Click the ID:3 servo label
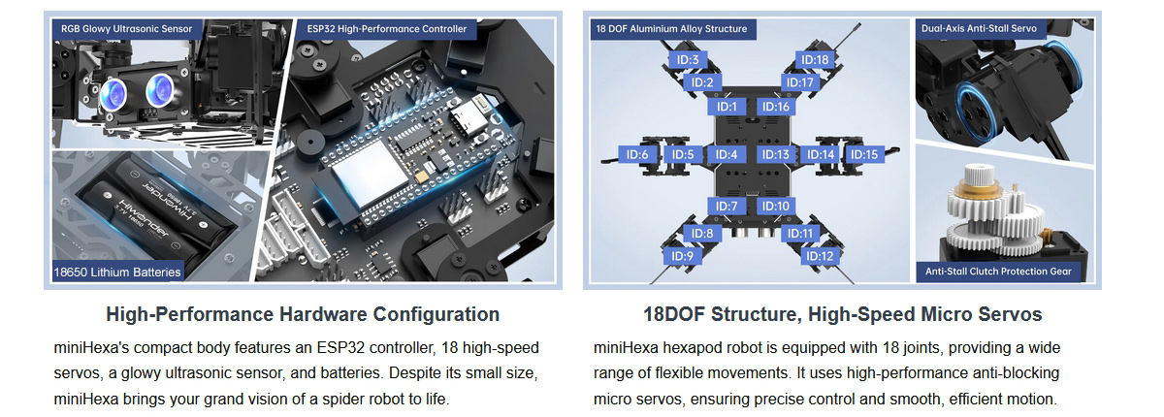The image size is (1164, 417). (x=688, y=60)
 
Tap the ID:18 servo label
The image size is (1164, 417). (x=814, y=60)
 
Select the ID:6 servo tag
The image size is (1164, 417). (x=637, y=155)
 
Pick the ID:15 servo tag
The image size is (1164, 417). (x=864, y=155)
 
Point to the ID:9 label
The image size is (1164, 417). (x=682, y=256)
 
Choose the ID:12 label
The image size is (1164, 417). (x=820, y=256)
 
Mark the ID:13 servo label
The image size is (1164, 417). (x=775, y=155)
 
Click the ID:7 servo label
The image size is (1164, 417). (x=727, y=207)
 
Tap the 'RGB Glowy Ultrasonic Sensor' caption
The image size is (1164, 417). (x=127, y=29)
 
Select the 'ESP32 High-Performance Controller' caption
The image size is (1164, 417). (x=387, y=29)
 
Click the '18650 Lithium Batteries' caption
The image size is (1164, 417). (x=117, y=273)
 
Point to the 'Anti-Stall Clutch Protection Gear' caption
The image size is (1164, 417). (x=998, y=272)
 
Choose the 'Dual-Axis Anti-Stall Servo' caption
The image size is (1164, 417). (x=979, y=28)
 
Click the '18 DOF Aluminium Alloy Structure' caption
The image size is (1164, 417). (x=671, y=29)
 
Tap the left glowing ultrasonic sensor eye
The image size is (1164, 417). (x=113, y=94)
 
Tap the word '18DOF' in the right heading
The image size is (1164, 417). (x=674, y=315)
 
